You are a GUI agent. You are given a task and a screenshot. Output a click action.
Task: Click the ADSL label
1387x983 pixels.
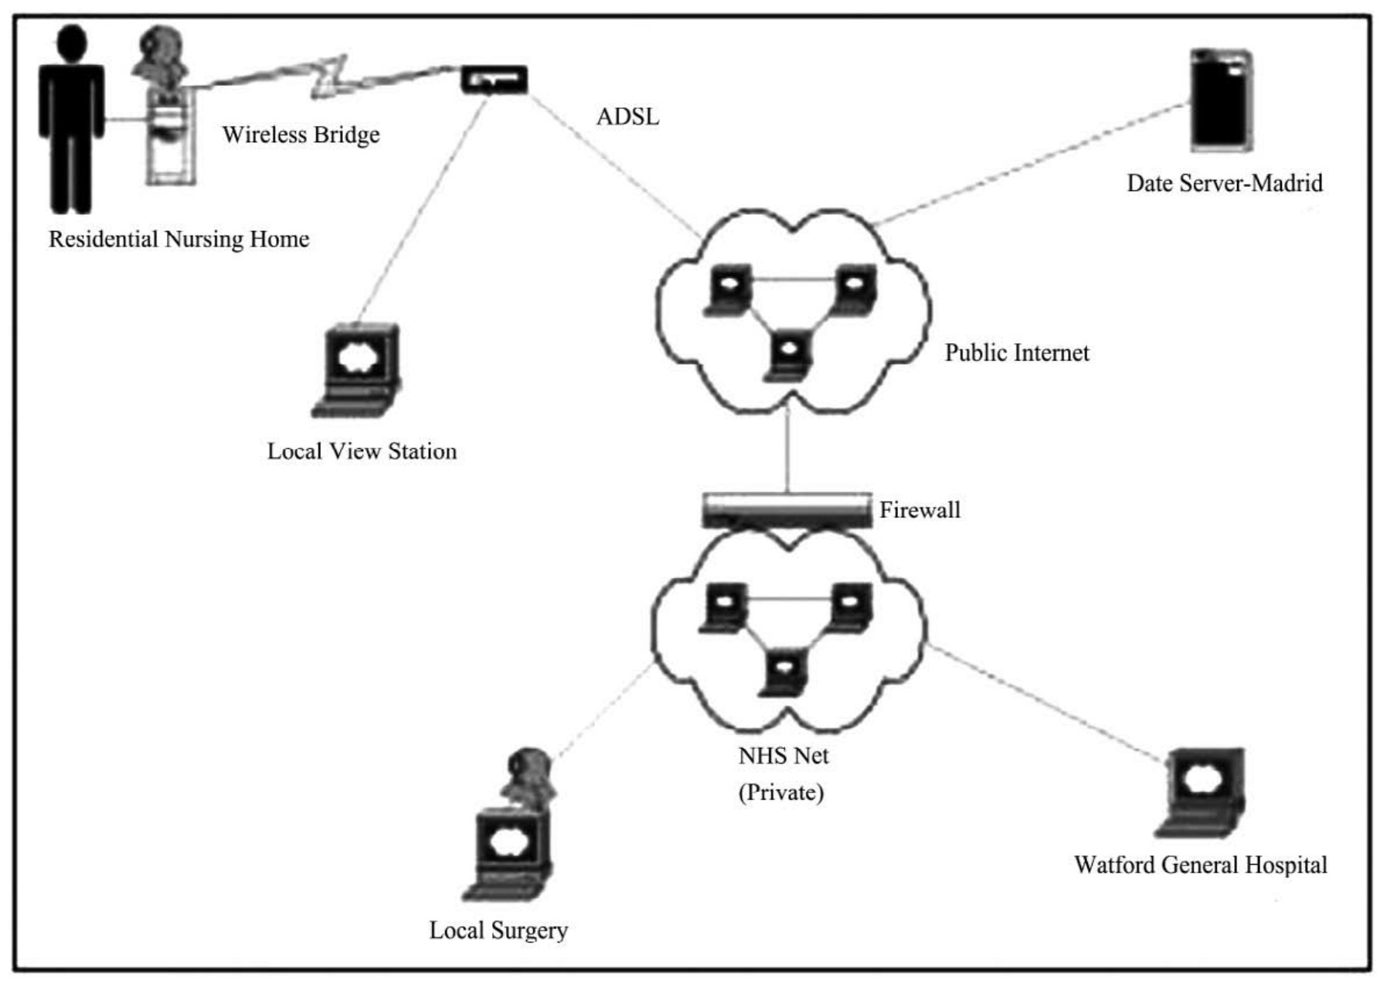pos(627,117)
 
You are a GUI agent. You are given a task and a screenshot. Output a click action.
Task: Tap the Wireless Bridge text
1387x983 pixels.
pos(301,134)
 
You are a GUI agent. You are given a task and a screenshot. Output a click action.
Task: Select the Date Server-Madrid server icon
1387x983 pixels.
pos(1221,100)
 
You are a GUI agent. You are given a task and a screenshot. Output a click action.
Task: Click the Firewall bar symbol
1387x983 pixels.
pos(787,510)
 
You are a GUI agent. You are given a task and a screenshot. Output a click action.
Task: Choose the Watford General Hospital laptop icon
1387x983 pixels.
pos(1202,792)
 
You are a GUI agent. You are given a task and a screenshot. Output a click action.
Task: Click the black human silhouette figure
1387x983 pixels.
pos(71,120)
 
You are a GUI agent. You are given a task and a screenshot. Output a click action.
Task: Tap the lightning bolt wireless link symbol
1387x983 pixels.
pos(328,77)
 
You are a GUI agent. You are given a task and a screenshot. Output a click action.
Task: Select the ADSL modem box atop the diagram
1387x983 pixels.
pos(495,80)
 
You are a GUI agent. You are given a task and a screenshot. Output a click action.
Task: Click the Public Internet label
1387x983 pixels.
pos(1016,353)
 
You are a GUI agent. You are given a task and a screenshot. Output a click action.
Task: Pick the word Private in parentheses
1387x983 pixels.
pos(781,793)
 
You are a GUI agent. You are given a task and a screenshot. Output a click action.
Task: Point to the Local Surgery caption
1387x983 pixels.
pos(498,930)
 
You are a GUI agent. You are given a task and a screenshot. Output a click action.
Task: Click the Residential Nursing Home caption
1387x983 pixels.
pos(179,240)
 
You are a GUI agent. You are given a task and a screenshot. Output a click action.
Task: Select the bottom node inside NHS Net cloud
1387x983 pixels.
pos(784,672)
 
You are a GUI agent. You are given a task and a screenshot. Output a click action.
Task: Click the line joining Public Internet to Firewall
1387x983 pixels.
pos(787,452)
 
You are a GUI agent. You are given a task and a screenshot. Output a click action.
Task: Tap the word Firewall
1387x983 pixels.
pos(920,510)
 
